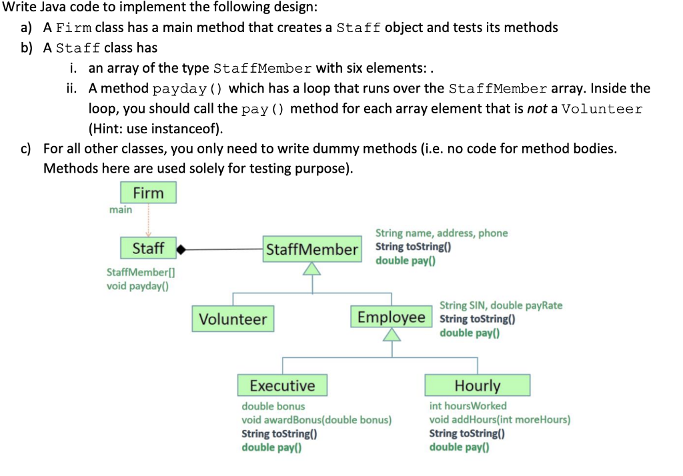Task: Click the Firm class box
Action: tap(148, 193)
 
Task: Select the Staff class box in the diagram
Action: tap(148, 249)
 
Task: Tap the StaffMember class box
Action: tap(311, 249)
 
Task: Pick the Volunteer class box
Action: tap(233, 319)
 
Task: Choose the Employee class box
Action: tap(391, 317)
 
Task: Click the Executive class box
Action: tap(282, 385)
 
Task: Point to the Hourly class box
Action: tap(478, 385)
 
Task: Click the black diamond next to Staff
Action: tap(181, 250)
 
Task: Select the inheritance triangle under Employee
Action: tap(392, 335)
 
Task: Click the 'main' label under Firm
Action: tap(121, 209)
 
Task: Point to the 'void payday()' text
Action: tap(137, 286)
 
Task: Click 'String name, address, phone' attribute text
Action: tap(441, 233)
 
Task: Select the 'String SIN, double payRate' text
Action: tap(500, 305)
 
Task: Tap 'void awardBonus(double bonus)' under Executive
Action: tap(316, 420)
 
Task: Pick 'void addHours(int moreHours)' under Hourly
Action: tap(499, 419)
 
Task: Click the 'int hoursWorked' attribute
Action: tap(468, 405)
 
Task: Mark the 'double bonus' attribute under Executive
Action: tap(273, 406)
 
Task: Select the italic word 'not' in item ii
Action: tap(537, 109)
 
